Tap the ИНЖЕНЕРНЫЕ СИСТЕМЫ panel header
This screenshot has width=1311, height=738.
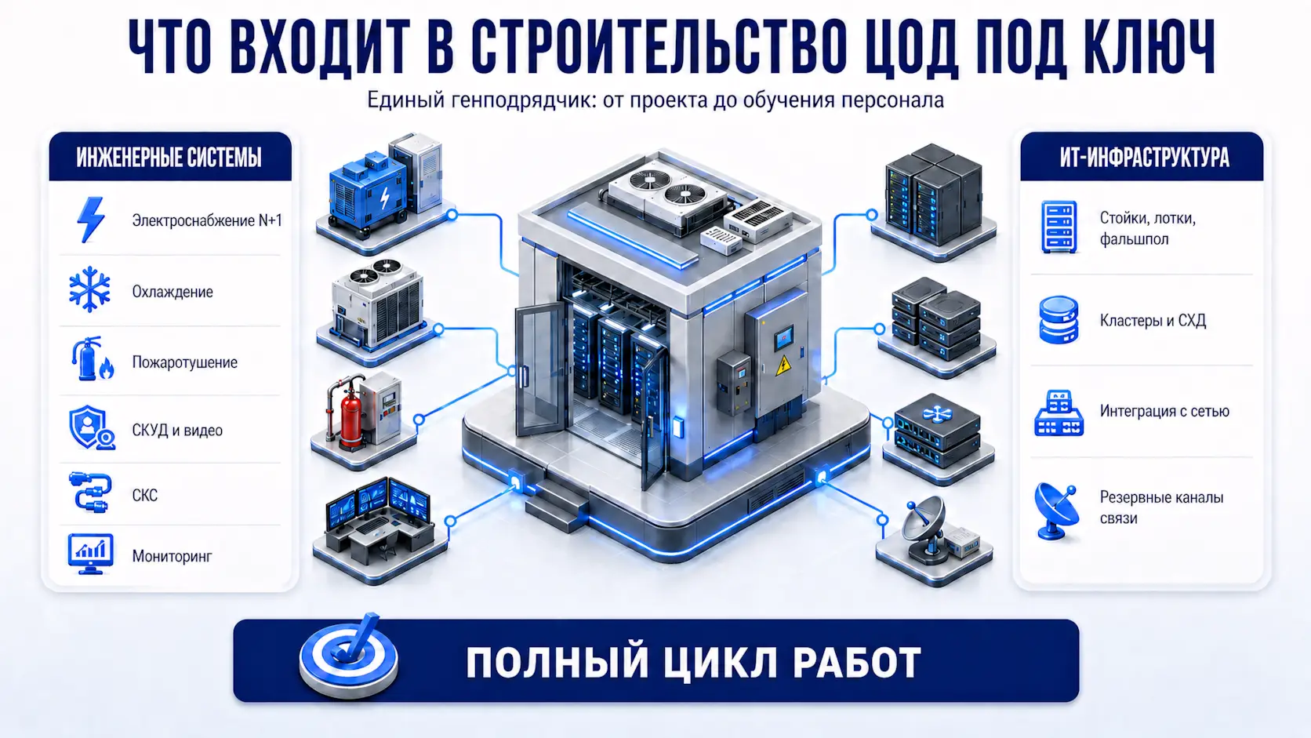pyautogui.click(x=169, y=157)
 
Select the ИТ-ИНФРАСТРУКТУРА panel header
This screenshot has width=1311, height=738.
pyautogui.click(x=1142, y=157)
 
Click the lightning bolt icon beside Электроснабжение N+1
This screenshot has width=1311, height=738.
pyautogui.click(x=91, y=220)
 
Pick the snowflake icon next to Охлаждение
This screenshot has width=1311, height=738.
pyautogui.click(x=89, y=289)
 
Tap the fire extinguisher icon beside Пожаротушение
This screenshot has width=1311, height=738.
pyautogui.click(x=92, y=358)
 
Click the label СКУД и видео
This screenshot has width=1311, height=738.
pyautogui.click(x=177, y=430)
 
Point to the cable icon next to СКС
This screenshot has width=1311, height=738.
pyautogui.click(x=90, y=493)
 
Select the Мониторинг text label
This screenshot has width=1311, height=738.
pyautogui.click(x=172, y=556)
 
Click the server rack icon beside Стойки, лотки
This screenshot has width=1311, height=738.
pyautogui.click(x=1059, y=227)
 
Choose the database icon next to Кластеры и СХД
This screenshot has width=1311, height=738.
pyautogui.click(x=1059, y=319)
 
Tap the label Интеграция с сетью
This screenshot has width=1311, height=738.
pyautogui.click(x=1164, y=411)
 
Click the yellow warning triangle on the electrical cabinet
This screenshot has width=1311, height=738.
pyautogui.click(x=783, y=365)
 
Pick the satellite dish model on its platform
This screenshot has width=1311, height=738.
pyautogui.click(x=925, y=529)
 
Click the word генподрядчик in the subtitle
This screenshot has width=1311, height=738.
pyautogui.click(x=523, y=100)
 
